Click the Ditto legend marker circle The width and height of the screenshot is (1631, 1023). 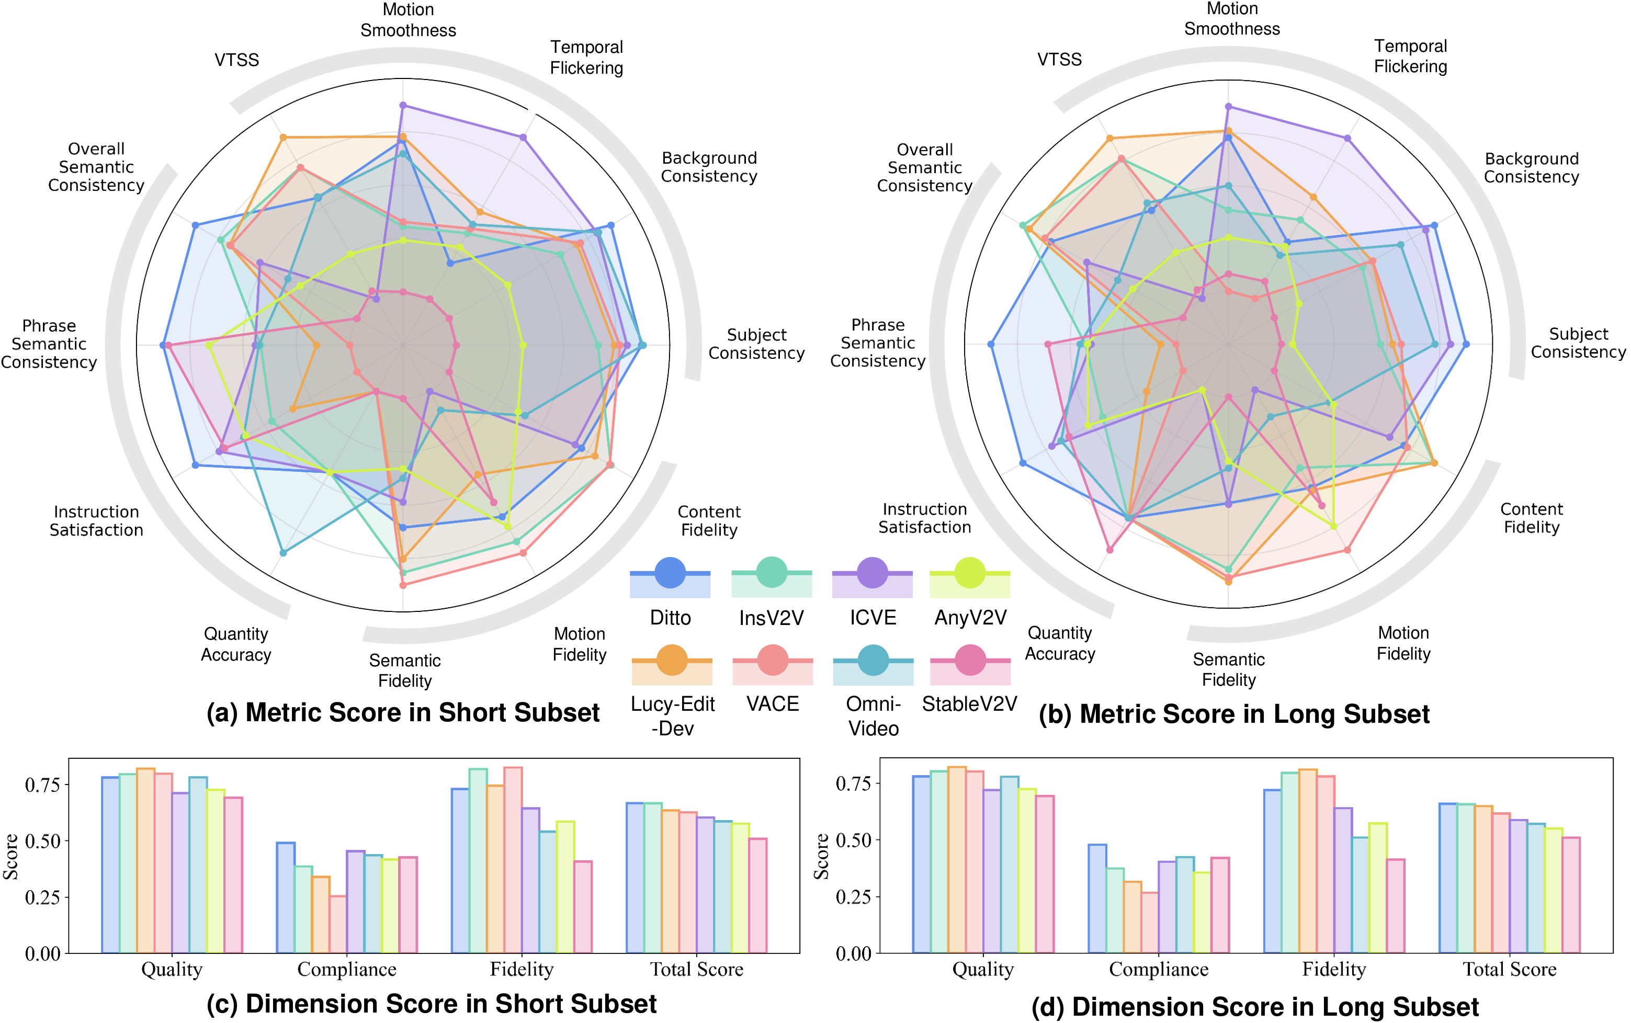click(x=670, y=573)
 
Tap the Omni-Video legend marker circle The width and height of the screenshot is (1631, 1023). click(x=873, y=660)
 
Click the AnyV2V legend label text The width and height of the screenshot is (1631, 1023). click(x=970, y=617)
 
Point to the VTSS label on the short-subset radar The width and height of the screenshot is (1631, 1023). click(x=237, y=60)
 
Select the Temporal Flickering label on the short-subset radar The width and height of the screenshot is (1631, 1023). click(x=586, y=58)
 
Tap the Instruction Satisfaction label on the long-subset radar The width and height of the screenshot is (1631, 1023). click(x=924, y=518)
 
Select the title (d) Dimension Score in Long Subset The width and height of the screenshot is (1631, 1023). click(x=1255, y=1007)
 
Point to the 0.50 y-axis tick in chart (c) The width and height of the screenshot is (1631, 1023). click(x=42, y=841)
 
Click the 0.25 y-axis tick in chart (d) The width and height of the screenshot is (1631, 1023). click(x=854, y=896)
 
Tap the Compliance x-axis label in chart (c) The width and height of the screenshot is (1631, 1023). click(x=346, y=970)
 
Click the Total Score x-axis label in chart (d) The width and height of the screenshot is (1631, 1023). click(x=1509, y=970)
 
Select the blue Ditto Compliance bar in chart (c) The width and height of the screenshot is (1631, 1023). click(x=286, y=898)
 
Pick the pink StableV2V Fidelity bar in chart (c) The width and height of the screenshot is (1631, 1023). click(x=582, y=907)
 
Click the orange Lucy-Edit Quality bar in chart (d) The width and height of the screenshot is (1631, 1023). click(x=957, y=859)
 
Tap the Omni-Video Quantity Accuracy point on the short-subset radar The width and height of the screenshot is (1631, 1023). click(x=283, y=553)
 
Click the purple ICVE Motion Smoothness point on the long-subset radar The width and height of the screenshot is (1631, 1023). click(x=1229, y=106)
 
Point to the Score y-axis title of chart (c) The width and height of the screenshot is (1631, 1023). click(x=11, y=857)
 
